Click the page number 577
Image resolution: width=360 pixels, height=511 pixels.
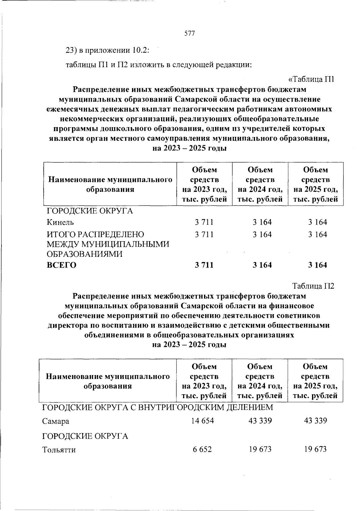click(x=189, y=34)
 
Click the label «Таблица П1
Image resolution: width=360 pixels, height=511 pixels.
click(x=311, y=79)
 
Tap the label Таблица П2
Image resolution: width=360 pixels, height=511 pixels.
click(x=313, y=286)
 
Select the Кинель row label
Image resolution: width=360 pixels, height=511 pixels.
click(x=60, y=222)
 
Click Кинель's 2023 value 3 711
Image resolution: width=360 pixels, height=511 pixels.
click(x=204, y=222)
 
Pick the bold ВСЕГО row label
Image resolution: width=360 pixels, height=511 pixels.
click(x=61, y=265)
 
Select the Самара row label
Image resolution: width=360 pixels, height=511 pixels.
click(x=55, y=421)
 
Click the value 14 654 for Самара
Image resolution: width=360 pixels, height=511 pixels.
click(x=202, y=421)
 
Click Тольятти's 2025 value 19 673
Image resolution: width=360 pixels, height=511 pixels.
click(x=315, y=449)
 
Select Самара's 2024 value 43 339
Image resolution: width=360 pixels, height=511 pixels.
click(x=260, y=421)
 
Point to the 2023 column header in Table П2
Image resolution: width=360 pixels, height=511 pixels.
click(x=204, y=381)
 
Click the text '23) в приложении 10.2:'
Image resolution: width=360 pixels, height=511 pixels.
click(x=107, y=50)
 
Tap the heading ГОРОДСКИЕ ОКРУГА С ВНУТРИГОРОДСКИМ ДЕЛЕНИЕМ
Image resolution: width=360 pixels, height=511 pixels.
click(x=157, y=407)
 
